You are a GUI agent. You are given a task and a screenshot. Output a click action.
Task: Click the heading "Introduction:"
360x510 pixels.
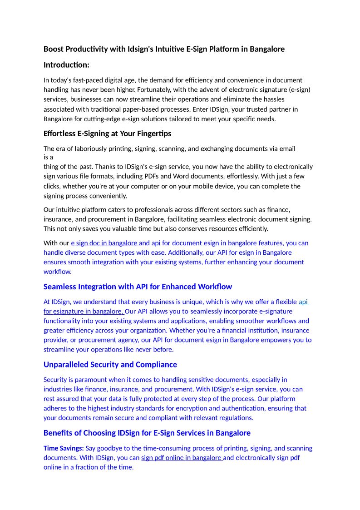(x=66, y=65)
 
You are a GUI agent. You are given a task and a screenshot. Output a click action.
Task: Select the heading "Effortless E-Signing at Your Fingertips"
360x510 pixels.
(x=107, y=134)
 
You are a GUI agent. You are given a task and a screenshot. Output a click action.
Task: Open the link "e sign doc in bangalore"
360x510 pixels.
(x=104, y=243)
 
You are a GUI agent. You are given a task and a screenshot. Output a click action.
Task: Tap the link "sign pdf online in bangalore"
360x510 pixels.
(x=182, y=457)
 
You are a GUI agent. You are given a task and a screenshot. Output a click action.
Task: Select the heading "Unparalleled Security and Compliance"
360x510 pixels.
(x=110, y=365)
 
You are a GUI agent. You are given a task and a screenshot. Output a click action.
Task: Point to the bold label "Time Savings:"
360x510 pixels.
(x=64, y=448)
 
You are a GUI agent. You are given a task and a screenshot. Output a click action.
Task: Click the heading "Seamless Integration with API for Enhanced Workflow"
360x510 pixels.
(x=138, y=287)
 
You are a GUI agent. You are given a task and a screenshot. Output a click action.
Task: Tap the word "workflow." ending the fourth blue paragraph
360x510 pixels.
(x=57, y=272)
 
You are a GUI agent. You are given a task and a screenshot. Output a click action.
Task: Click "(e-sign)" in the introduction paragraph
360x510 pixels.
(x=299, y=89)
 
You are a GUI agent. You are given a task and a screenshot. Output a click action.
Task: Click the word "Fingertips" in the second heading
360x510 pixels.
(x=153, y=134)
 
